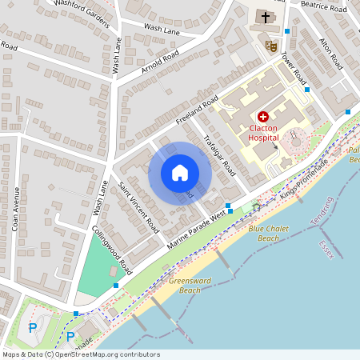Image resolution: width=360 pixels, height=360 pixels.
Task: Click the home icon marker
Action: [x=180, y=173]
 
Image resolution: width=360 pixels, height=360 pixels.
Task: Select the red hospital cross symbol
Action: [x=263, y=117]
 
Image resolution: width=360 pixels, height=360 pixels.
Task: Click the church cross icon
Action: [x=265, y=17]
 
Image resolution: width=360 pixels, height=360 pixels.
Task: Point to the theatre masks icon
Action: [x=271, y=46]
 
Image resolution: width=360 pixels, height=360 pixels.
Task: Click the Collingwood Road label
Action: [x=111, y=245]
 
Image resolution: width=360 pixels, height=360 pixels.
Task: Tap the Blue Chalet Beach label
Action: [x=263, y=233]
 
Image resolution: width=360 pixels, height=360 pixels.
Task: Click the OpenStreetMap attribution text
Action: [x=80, y=354]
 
